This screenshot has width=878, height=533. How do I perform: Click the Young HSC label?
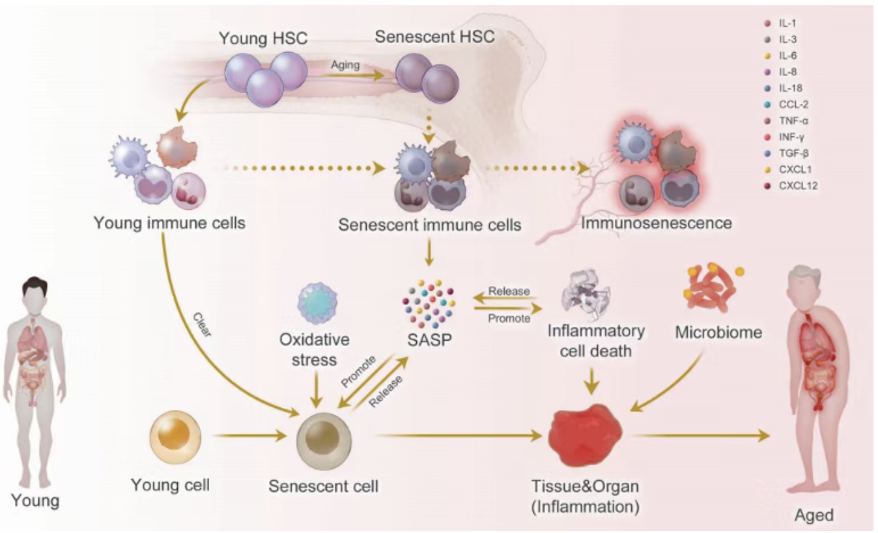click(x=263, y=38)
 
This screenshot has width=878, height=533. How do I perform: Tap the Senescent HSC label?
click(x=434, y=37)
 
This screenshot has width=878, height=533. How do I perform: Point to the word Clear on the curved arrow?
click(x=202, y=324)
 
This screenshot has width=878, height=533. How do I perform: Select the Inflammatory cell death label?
click(x=596, y=341)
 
